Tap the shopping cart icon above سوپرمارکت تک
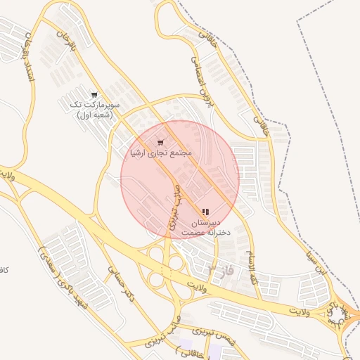pyautogui.click(x=94, y=95)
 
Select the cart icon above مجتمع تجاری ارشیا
pyautogui.click(x=160, y=143)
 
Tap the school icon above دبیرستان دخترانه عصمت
pyautogui.click(x=205, y=212)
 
